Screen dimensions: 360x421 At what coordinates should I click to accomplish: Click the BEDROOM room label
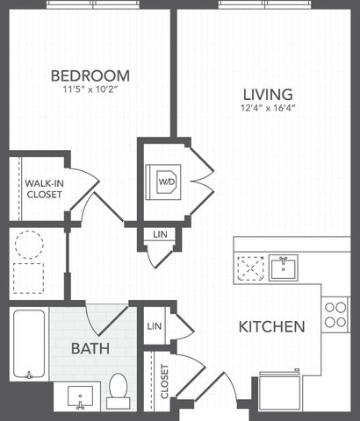click(x=90, y=75)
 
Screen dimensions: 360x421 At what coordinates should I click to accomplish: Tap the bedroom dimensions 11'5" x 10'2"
click(x=90, y=89)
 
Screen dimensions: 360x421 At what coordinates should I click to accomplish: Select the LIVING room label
click(x=268, y=95)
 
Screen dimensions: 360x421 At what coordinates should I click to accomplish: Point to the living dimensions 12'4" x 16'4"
click(x=268, y=108)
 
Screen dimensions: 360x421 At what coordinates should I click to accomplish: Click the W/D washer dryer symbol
click(x=163, y=182)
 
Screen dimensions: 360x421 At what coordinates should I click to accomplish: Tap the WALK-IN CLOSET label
click(x=44, y=189)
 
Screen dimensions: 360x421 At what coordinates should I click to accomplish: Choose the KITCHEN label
click(x=272, y=326)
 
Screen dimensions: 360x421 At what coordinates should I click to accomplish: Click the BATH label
click(x=90, y=348)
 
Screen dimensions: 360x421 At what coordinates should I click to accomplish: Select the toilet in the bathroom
click(x=119, y=391)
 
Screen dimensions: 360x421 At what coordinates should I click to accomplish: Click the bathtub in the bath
click(x=29, y=344)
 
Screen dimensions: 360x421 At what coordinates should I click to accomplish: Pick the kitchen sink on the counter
click(x=284, y=268)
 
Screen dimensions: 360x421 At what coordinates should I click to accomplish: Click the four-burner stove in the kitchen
click(x=335, y=315)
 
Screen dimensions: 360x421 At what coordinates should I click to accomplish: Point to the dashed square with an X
click(x=251, y=268)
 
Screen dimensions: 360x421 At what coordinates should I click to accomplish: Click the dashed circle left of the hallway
click(x=29, y=245)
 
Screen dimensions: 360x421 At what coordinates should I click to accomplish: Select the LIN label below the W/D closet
click(x=160, y=234)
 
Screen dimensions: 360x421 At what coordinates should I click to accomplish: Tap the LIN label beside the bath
click(x=155, y=326)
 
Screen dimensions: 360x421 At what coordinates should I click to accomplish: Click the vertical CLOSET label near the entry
click(x=164, y=382)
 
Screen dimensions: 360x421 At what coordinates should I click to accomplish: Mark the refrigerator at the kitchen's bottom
click(x=280, y=390)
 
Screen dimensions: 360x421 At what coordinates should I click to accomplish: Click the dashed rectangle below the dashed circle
click(x=28, y=278)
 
